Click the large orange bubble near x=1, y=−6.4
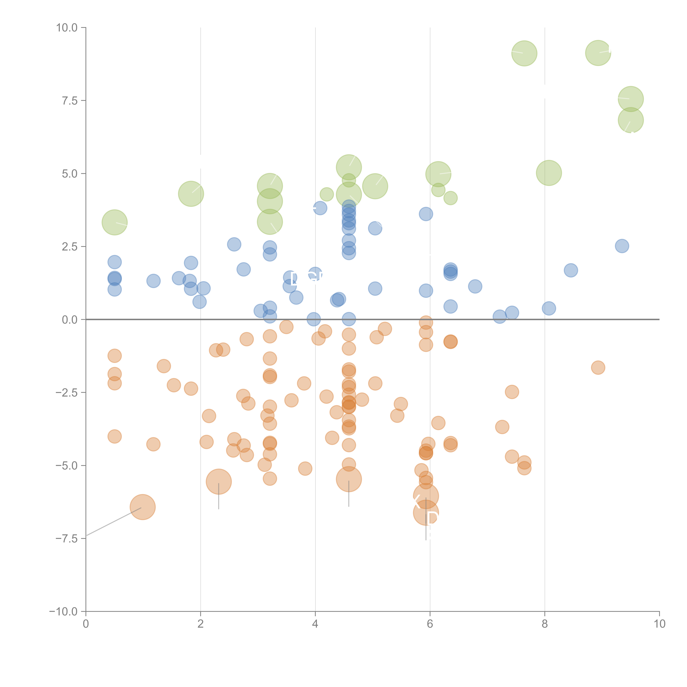coord(143,507)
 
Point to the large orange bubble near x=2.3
coord(219,482)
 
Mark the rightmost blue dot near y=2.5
coord(622,246)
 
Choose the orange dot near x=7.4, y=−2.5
coord(512,392)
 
